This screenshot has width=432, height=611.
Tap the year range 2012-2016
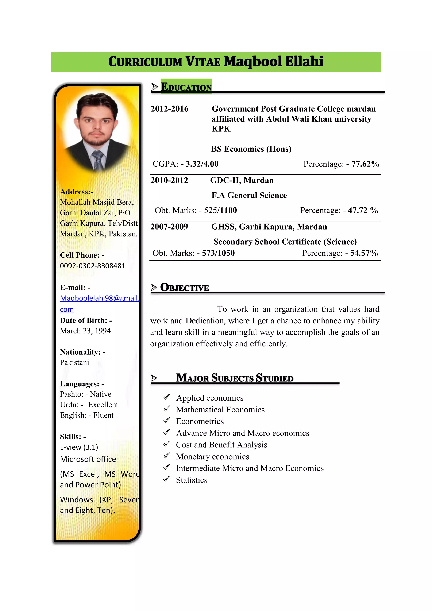169,109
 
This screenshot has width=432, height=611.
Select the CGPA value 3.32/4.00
202,164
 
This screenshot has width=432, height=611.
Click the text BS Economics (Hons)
251,149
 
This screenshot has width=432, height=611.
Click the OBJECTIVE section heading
184,288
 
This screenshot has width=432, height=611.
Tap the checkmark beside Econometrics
166,420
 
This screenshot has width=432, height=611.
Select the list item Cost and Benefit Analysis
221,445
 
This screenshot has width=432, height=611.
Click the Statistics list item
192,480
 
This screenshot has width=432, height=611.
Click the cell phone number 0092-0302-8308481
93,266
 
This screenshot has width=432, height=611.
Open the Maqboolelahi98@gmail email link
99,298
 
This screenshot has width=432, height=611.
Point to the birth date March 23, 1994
85,331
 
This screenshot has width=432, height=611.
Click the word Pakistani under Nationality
74,363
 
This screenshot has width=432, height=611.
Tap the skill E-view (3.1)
79,447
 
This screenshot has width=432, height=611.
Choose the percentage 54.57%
364,253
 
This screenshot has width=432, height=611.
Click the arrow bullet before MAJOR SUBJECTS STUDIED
154,378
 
